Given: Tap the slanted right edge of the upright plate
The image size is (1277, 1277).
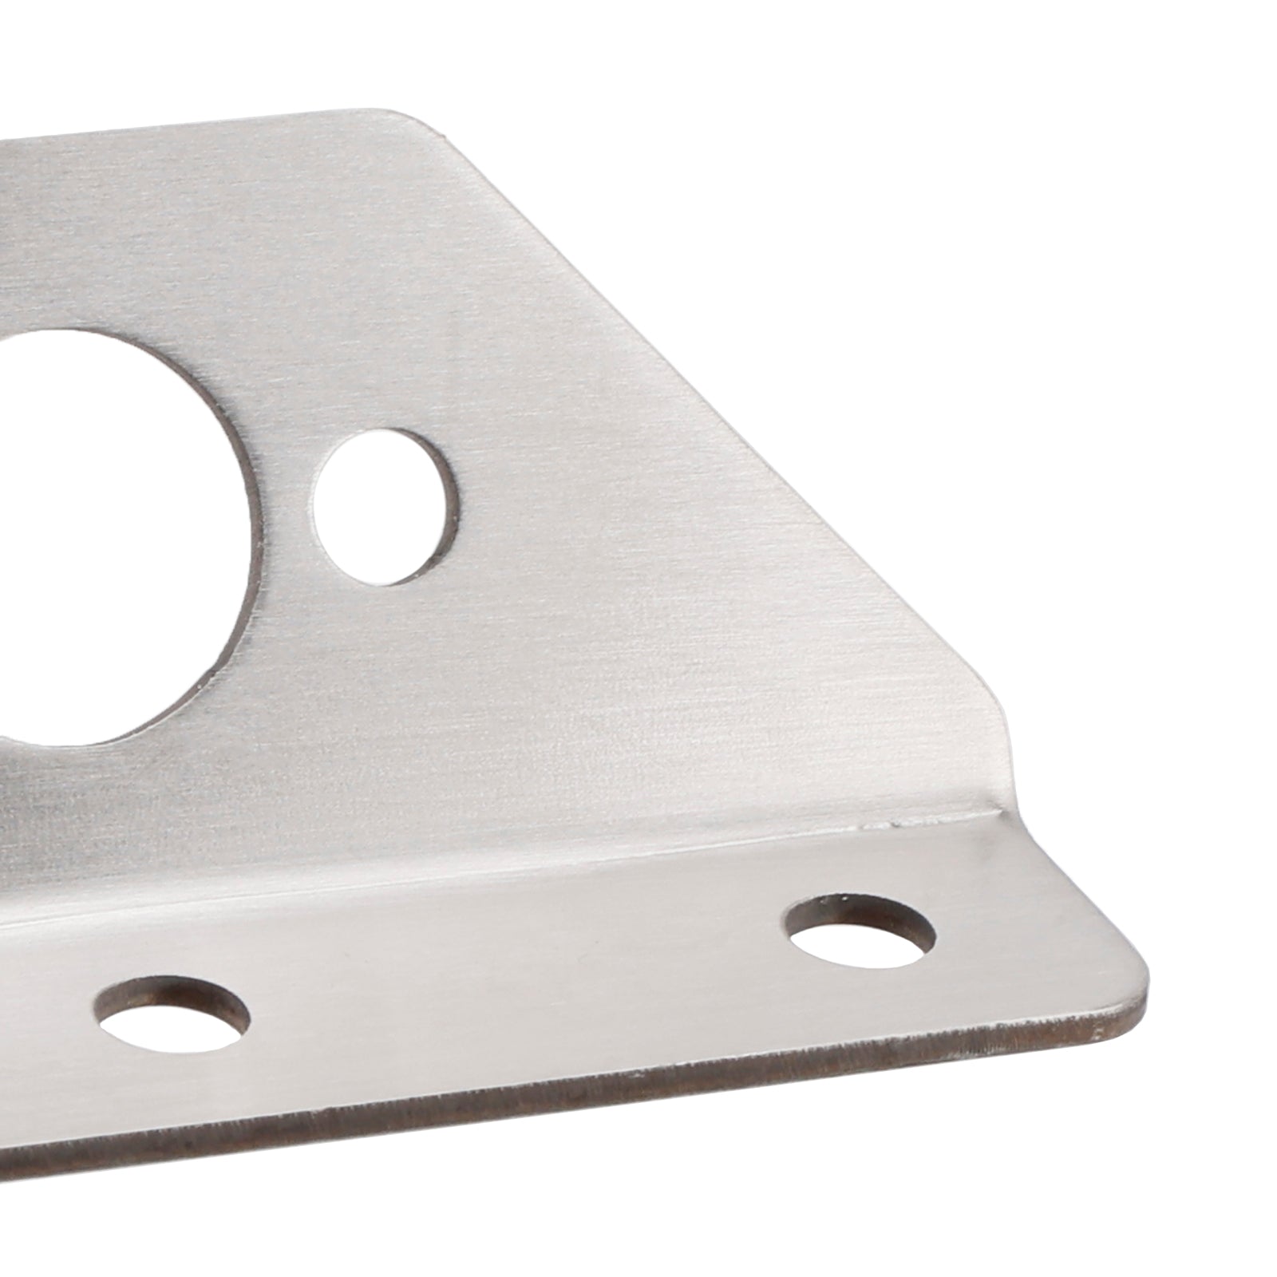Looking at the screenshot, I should [718, 415].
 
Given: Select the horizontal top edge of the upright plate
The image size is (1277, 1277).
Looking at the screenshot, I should [200, 128].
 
